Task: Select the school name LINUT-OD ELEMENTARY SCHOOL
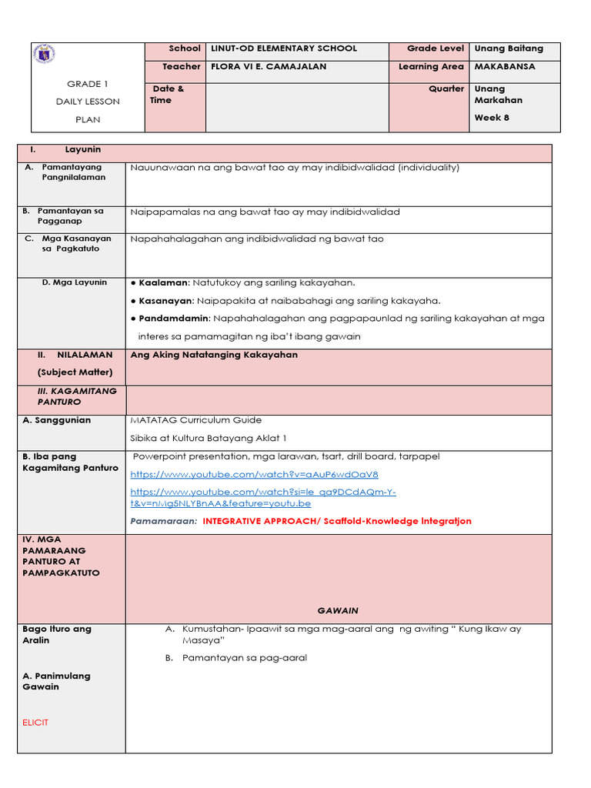click(x=283, y=48)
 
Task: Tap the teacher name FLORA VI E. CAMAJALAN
click(x=269, y=67)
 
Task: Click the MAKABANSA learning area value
click(x=505, y=67)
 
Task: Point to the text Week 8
click(x=492, y=118)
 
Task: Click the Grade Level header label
click(x=436, y=48)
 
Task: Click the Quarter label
click(x=446, y=88)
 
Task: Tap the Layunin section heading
click(x=83, y=149)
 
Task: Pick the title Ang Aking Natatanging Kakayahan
click(x=214, y=355)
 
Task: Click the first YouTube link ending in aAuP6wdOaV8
click(x=254, y=475)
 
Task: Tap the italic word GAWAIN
click(x=338, y=610)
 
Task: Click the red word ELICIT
click(x=35, y=723)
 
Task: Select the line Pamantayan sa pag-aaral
click(x=244, y=658)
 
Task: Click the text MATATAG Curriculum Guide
click(x=196, y=420)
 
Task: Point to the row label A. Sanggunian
click(x=57, y=420)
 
